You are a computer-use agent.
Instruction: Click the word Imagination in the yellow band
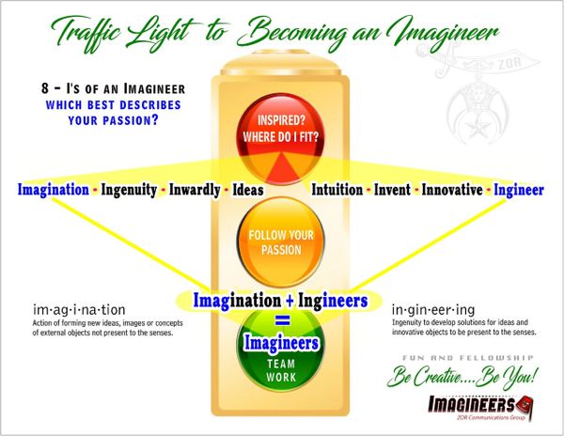59,190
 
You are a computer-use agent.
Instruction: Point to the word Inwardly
194,190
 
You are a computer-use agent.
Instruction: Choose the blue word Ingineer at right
520,190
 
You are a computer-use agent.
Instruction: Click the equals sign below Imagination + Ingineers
280,322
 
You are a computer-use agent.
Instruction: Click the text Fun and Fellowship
479,358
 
